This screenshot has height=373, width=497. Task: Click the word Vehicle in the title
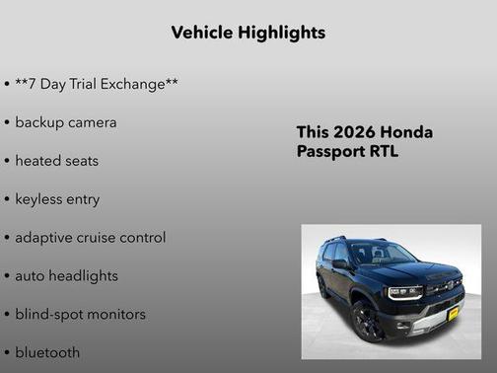point(202,33)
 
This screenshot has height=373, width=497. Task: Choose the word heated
point(37,160)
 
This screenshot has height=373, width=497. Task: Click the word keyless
point(40,198)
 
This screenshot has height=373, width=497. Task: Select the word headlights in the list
point(81,275)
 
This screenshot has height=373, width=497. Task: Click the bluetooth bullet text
point(47,352)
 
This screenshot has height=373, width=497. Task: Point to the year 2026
point(352,132)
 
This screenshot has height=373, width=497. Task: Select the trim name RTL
point(382,152)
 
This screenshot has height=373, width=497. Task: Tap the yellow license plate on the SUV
point(453,314)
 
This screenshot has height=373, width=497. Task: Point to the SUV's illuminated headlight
point(404,292)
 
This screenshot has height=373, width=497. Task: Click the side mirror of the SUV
point(341,263)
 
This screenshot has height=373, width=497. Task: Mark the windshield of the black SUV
point(384,255)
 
